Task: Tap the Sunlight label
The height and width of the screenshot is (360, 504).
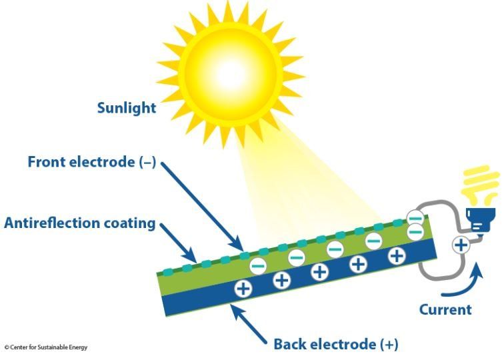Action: coord(127,107)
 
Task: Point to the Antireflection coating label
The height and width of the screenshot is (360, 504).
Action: coord(79,223)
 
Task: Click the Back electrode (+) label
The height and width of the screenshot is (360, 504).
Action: coord(335,344)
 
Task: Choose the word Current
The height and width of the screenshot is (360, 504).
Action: coord(445,309)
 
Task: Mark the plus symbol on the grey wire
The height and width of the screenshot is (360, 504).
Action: coord(461,245)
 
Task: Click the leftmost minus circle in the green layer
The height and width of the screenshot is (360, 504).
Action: coord(258,265)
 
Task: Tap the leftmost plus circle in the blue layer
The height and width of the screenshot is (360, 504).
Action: coord(243,288)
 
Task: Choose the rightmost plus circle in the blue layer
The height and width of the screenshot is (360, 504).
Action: coord(397,255)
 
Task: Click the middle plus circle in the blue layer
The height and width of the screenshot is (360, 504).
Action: coord(320,271)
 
